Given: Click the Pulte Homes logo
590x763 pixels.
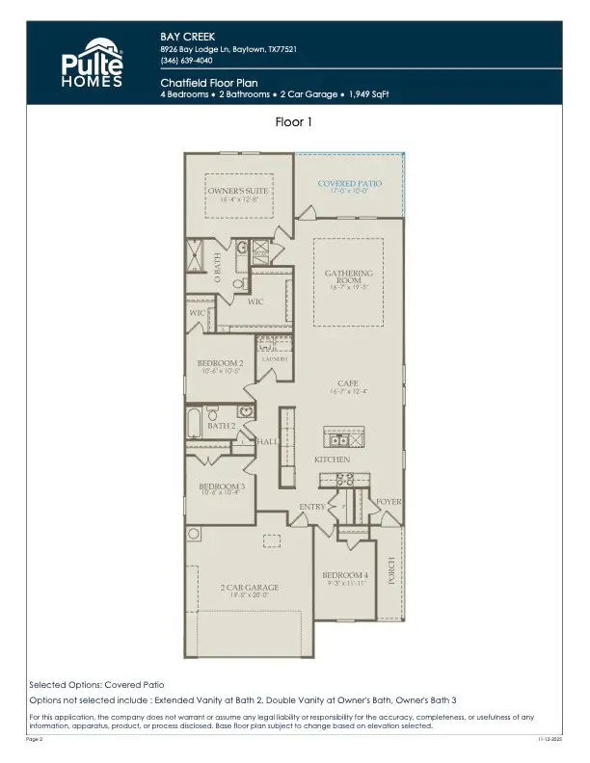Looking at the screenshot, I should pyautogui.click(x=94, y=63).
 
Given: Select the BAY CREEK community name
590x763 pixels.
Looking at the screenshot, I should pyautogui.click(x=183, y=37).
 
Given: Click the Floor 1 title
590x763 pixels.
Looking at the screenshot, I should pyautogui.click(x=294, y=123).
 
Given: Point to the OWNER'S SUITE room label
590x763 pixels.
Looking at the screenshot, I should pyautogui.click(x=238, y=191).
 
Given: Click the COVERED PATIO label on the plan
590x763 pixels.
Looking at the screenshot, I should pyautogui.click(x=350, y=183).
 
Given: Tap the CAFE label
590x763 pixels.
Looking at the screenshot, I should pyautogui.click(x=348, y=382).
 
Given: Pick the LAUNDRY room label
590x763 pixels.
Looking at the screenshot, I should pyautogui.click(x=276, y=359).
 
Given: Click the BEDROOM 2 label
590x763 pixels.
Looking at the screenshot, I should pyautogui.click(x=222, y=363).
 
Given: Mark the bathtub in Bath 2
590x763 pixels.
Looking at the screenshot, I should pyautogui.click(x=195, y=420).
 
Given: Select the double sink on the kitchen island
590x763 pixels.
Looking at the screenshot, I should pyautogui.click(x=340, y=440).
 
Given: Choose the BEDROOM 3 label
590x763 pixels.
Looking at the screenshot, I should pyautogui.click(x=222, y=487).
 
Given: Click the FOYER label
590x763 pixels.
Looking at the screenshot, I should pyautogui.click(x=388, y=502).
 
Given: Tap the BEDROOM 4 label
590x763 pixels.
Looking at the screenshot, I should pyautogui.click(x=344, y=575).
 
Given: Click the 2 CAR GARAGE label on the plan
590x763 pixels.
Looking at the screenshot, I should pyautogui.click(x=249, y=588).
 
